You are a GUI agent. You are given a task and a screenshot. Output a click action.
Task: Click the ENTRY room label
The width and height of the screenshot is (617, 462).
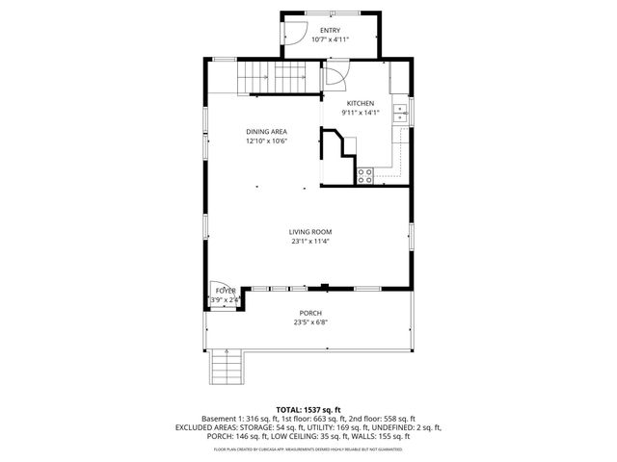click(x=331, y=31)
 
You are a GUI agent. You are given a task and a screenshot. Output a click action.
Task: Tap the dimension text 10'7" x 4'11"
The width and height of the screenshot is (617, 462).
click(x=331, y=39)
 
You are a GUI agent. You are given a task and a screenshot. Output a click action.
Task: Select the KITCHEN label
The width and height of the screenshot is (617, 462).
click(x=361, y=103)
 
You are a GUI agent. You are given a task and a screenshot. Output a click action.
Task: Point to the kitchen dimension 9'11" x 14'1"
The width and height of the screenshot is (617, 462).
click(x=361, y=113)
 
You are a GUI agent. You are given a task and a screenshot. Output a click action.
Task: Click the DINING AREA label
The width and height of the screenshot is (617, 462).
click(x=267, y=132)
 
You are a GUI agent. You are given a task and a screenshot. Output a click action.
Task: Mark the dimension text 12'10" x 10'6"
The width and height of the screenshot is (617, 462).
click(x=267, y=141)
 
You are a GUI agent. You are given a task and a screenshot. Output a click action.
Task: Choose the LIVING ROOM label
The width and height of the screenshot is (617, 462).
click(x=310, y=232)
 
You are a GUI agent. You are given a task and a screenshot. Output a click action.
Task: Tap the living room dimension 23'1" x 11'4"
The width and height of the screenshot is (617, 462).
click(x=310, y=242)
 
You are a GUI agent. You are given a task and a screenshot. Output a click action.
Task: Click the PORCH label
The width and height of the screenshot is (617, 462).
click(x=310, y=313)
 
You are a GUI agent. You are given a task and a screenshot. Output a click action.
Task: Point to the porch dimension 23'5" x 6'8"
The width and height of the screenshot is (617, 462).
click(x=310, y=322)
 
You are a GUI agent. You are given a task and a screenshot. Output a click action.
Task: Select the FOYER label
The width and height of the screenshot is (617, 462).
click(x=226, y=290)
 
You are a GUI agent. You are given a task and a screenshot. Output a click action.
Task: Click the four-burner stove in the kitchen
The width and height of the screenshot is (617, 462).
click(x=366, y=175)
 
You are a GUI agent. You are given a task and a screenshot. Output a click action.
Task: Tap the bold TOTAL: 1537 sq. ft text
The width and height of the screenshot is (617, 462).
click(x=309, y=409)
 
